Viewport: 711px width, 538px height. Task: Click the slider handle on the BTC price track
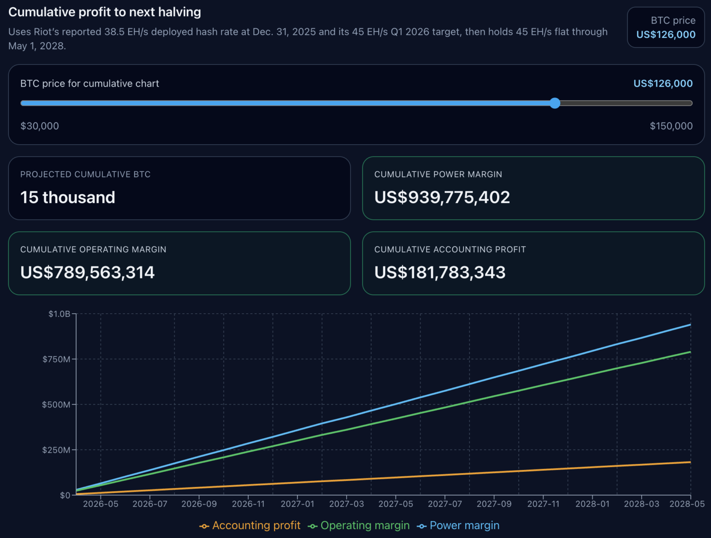[555, 103]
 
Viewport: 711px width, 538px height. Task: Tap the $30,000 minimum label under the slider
[39, 126]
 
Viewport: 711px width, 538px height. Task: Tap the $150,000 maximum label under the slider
[671, 126]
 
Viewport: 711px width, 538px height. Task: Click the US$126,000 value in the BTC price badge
[666, 35]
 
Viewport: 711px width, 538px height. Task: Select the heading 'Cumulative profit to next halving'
[105, 12]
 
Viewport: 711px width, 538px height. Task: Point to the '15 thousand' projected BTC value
[68, 197]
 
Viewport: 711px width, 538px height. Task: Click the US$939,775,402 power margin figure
[442, 197]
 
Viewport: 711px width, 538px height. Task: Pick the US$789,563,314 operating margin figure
[87, 272]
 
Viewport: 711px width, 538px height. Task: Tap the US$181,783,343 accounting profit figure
[440, 272]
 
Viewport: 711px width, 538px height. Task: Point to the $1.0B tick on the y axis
[59, 314]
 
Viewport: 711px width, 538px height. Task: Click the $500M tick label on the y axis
[56, 405]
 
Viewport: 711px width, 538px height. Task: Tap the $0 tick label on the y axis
[65, 495]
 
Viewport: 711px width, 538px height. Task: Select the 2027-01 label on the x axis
[297, 504]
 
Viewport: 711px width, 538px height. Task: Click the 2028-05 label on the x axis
[687, 504]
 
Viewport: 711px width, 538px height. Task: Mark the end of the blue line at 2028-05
[690, 325]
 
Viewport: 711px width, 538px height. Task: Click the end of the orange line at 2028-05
[690, 462]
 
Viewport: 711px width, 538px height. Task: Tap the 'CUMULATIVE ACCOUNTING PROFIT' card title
[450, 250]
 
